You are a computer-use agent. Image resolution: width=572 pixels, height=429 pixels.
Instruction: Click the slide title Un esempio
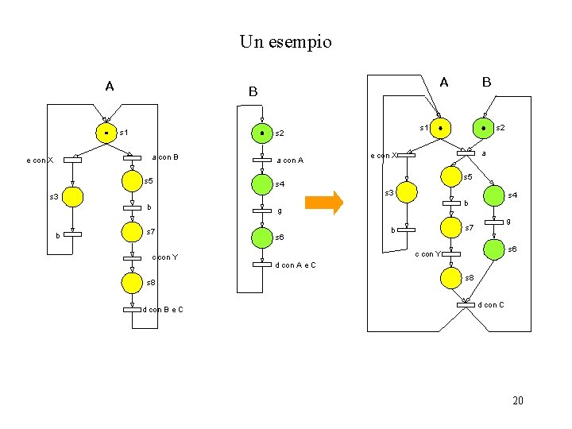pos(285,41)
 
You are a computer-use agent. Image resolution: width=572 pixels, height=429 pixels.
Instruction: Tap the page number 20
pos(518,400)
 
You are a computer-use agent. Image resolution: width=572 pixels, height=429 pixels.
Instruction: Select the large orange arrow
pos(323,203)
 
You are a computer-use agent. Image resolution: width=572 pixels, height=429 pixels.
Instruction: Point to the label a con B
pos(164,157)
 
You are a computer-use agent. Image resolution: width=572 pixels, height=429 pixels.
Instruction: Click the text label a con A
pos(289,160)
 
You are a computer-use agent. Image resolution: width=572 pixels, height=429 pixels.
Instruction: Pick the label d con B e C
pos(163,309)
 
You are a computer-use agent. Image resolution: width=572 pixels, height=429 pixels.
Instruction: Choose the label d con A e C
pos(295,265)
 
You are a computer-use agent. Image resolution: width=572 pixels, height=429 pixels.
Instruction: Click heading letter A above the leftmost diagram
pos(109,86)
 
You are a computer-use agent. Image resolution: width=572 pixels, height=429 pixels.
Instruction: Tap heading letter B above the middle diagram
pos(253,92)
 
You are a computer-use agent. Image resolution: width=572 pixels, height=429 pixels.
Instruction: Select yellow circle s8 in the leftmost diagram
pos(133,282)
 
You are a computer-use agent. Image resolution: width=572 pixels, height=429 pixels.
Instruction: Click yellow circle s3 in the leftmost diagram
pos(72,196)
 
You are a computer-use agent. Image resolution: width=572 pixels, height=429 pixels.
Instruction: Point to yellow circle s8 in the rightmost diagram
pos(451,277)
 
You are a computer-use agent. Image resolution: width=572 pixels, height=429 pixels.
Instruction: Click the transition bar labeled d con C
pos(466,303)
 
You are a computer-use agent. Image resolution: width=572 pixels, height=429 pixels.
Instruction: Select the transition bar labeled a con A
pos(262,160)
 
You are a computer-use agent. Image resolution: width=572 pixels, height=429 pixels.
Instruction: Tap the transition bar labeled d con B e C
pos(132,309)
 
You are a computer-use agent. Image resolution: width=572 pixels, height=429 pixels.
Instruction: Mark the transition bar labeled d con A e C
pos(262,265)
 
